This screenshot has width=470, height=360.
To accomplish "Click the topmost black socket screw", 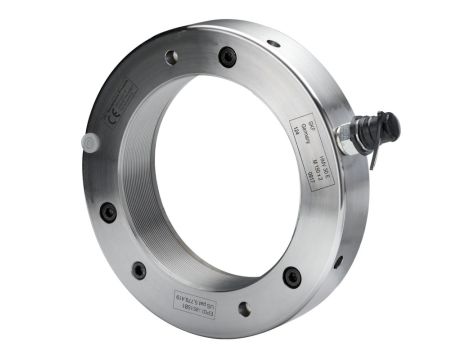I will coord(228,58).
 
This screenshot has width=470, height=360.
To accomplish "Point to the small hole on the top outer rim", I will coord(273,43).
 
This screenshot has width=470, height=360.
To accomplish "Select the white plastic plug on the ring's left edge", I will coord(90,143).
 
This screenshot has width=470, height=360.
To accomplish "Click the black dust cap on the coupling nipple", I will coord(385,125).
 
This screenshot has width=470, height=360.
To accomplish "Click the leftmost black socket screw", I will coord(108,211).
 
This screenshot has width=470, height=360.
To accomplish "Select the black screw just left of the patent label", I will coord(139,270).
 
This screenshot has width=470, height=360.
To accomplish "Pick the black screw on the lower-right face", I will coord(291,276).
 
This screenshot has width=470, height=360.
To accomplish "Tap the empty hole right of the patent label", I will coord(242,308).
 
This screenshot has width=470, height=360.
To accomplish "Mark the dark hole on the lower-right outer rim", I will coord(338,262).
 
